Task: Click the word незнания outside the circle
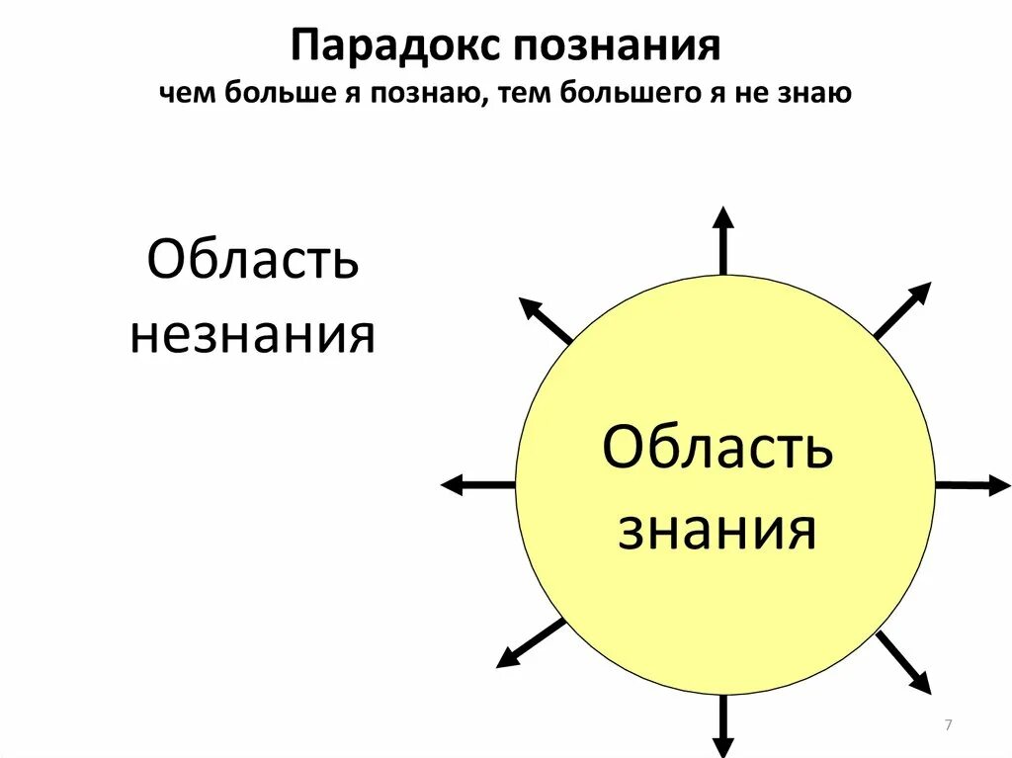(253, 335)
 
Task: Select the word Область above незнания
(253, 261)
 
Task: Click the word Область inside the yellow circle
(717, 451)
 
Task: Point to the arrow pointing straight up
(723, 240)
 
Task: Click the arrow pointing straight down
(723, 726)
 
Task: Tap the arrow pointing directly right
(972, 485)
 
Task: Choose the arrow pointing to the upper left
(545, 319)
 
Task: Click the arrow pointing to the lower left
(530, 644)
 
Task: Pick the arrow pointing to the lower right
(904, 663)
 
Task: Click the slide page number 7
(948, 726)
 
